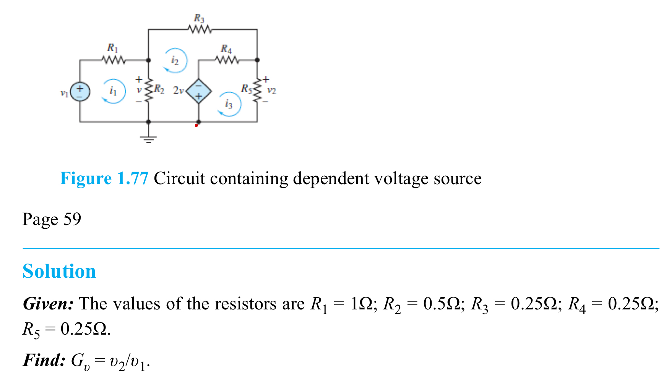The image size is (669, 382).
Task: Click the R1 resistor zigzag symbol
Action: coord(113,60)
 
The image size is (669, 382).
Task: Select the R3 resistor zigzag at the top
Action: coord(200,29)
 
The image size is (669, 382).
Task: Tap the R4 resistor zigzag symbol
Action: coord(227,60)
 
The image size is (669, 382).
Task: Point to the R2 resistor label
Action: coord(159,90)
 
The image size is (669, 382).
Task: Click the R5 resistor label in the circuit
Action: coord(246,89)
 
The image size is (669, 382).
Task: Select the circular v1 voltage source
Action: coord(80,92)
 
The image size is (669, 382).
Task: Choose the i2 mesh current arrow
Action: coord(175,60)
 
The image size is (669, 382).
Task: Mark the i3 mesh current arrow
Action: coord(229,104)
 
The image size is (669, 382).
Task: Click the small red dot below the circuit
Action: coord(196,125)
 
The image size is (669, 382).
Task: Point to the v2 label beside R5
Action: coord(271,91)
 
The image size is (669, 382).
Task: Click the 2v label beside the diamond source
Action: coord(178,91)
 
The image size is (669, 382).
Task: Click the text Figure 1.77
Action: coord(104,178)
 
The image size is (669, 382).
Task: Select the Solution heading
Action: coord(59,272)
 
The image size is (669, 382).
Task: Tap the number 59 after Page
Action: coord(72,219)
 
